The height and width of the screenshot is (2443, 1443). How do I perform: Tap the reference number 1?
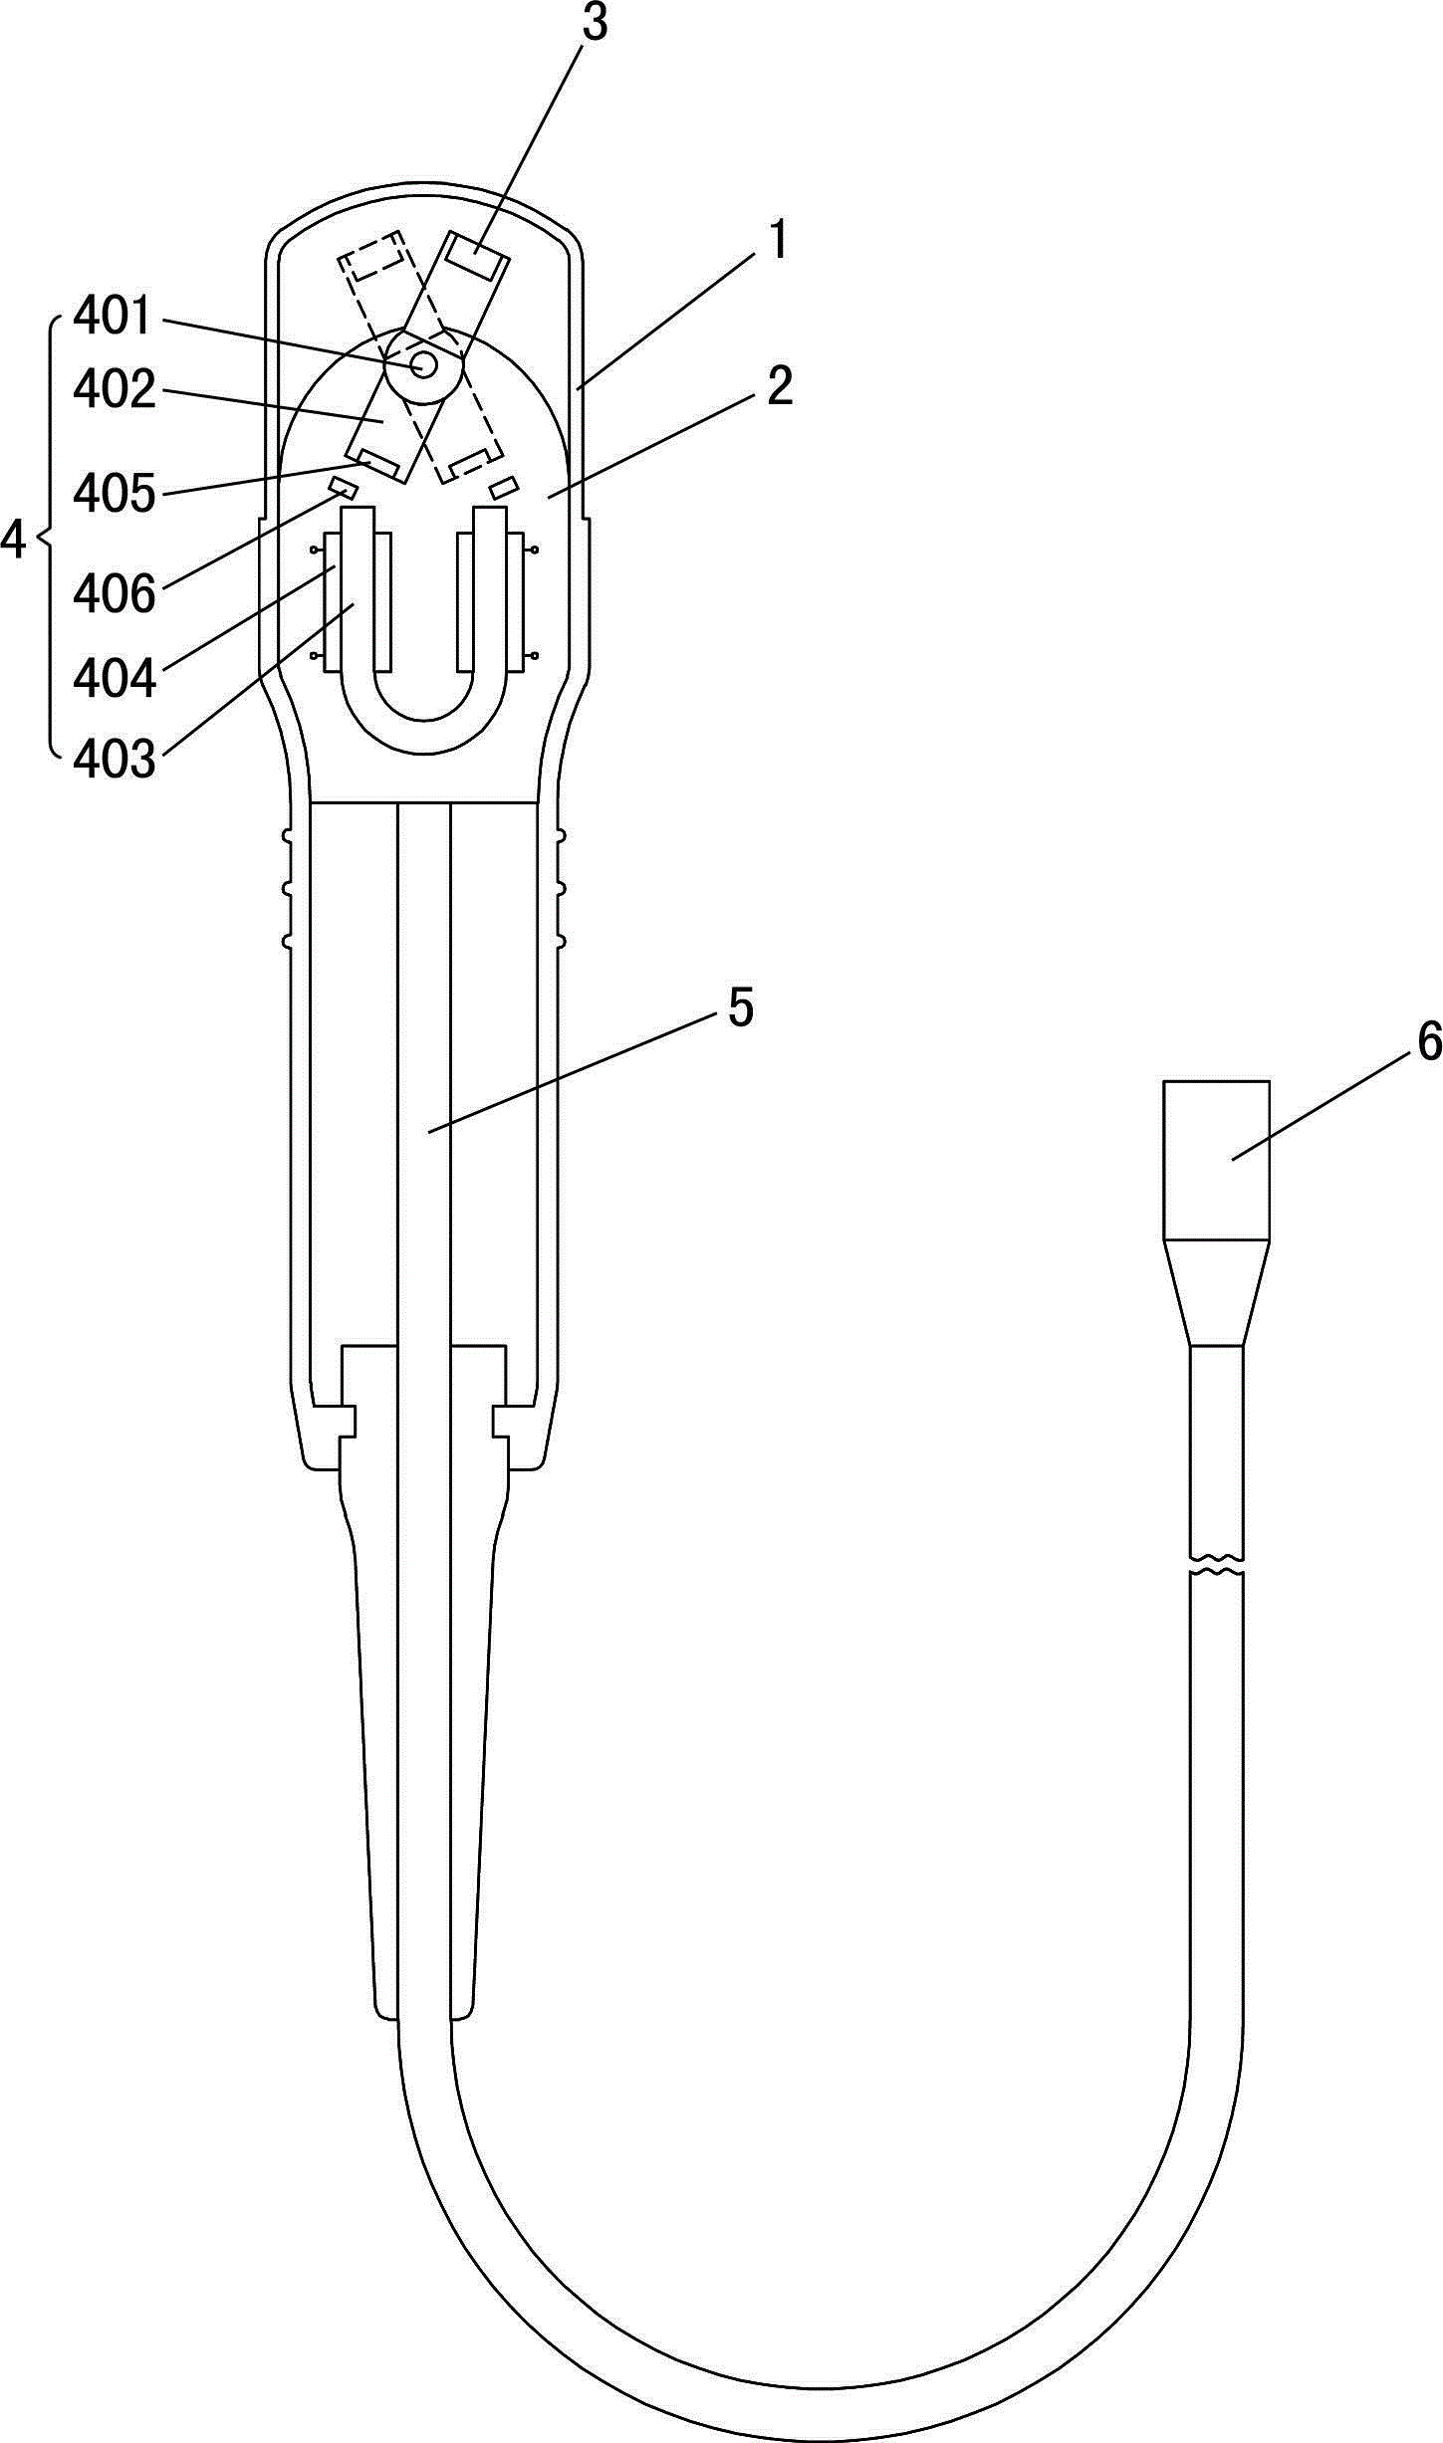(779, 241)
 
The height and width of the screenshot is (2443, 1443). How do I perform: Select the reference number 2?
(780, 386)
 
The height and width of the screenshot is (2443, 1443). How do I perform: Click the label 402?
(115, 389)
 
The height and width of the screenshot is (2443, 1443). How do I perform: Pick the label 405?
(115, 494)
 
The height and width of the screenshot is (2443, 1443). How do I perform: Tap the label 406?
(115, 595)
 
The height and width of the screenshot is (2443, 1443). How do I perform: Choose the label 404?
(115, 680)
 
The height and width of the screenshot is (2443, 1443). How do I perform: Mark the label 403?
(115, 761)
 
